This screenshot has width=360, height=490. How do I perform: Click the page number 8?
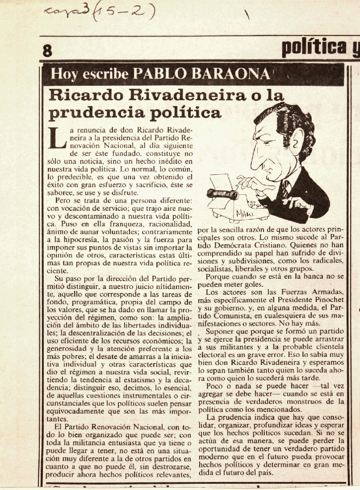point(47,50)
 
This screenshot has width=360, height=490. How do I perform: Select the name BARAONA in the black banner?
point(233,73)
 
